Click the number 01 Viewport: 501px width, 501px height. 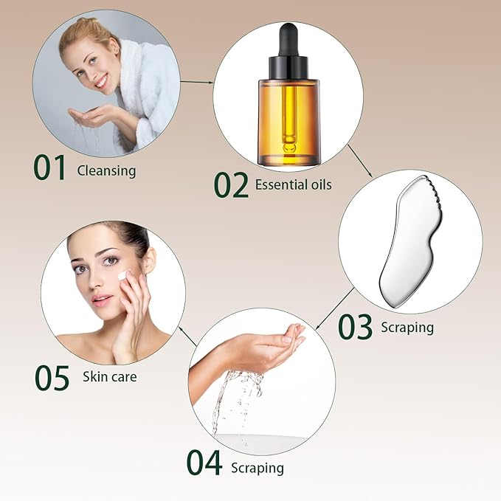click(x=51, y=167)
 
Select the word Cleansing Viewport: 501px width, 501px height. click(x=106, y=171)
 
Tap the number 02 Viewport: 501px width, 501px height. click(x=231, y=184)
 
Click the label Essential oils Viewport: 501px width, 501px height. click(x=293, y=184)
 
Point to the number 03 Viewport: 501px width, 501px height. click(x=355, y=327)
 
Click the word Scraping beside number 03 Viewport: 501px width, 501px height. click(x=407, y=326)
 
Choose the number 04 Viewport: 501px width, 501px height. click(x=204, y=463)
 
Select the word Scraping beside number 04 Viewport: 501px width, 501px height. click(x=257, y=468)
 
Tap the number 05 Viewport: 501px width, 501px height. click(x=52, y=377)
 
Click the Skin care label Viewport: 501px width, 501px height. click(x=110, y=377)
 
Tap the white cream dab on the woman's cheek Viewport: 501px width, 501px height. click(x=123, y=275)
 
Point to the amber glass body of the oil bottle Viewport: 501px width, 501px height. click(x=288, y=122)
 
